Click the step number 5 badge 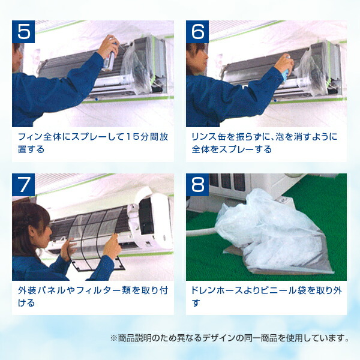23,32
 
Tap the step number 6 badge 197,32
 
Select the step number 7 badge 23,185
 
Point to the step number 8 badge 197,185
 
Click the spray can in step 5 109,59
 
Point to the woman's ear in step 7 32,230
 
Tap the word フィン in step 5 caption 30,137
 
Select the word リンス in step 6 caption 203,137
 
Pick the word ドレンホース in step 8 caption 217,290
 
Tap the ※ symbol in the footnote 113,338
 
